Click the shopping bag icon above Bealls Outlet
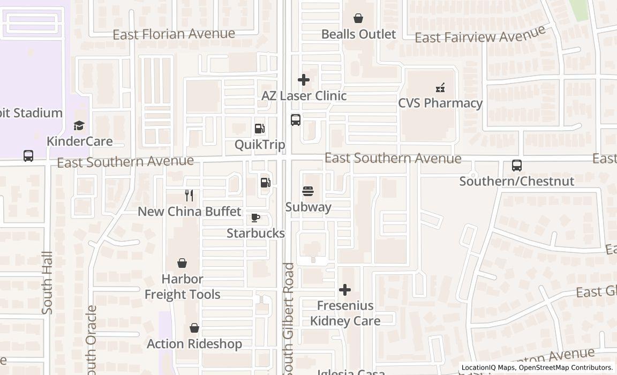point(358,18)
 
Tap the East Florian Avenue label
point(174,34)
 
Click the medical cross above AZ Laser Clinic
point(304,80)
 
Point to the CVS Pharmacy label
point(440,103)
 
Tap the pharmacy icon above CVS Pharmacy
point(440,87)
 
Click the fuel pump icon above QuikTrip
point(260,129)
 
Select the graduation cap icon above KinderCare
point(79,125)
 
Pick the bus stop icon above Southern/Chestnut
point(517,166)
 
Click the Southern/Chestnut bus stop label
point(517,181)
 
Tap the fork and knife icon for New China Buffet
point(189,196)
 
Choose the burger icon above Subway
point(308,191)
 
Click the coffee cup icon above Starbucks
point(255,217)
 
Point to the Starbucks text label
point(255,233)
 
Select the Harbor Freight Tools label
point(183,287)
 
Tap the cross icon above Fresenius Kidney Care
point(345,290)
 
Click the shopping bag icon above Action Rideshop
point(194,328)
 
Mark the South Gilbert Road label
point(289,319)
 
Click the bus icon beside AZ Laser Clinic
point(296,120)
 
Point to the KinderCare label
point(79,141)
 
